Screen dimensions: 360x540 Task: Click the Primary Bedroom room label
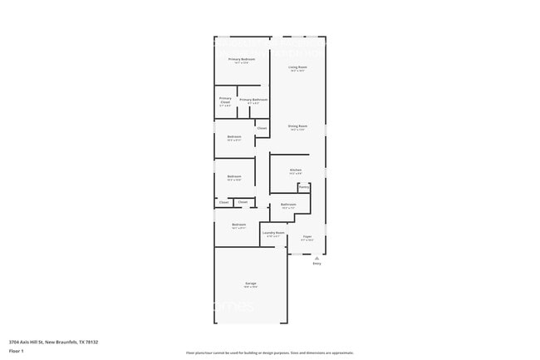point(242,60)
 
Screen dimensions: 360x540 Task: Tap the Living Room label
point(297,67)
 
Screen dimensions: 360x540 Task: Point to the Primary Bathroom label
point(253,100)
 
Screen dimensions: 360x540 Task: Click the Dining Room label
point(297,126)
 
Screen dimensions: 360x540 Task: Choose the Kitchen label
point(296,170)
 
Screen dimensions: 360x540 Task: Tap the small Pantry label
point(304,187)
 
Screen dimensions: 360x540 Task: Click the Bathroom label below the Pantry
point(288,204)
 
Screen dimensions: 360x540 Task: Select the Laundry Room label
point(273,233)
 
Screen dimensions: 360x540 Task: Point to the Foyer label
point(307,237)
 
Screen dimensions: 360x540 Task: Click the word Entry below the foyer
point(317,264)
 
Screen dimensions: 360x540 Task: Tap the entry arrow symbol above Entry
point(317,258)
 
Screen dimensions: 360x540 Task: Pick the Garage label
point(250,284)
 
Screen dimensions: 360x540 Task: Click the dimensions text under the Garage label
point(250,288)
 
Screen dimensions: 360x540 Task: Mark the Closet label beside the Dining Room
point(262,128)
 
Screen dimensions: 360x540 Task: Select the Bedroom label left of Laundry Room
point(238,224)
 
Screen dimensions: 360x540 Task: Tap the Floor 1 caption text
point(17,352)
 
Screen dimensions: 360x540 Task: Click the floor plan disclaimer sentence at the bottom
point(269,353)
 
